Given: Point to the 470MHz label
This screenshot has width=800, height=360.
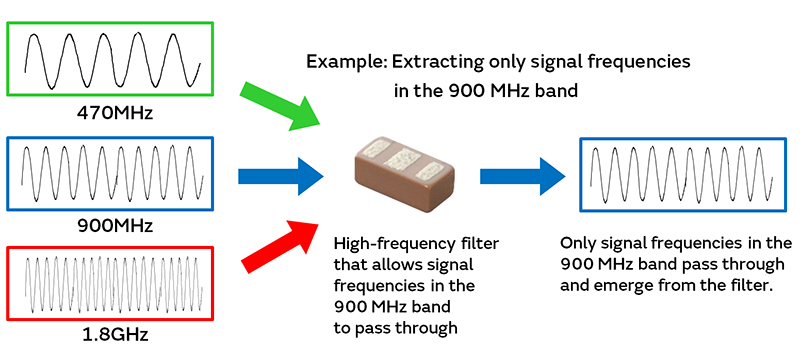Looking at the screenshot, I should click(113, 112).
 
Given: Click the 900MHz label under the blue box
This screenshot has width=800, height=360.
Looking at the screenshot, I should click(113, 225).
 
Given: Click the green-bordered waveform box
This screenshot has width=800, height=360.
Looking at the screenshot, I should click(113, 59).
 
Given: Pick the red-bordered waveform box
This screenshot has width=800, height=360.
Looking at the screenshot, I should click(113, 286).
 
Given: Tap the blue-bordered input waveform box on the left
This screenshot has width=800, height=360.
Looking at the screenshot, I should click(113, 172).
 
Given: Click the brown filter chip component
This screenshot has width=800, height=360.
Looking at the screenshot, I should click(400, 175).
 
